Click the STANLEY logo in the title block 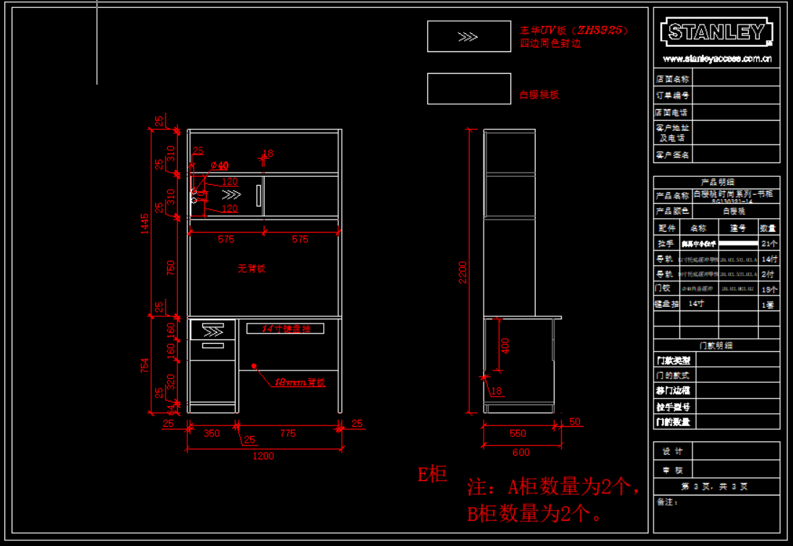click(716, 32)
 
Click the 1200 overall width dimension click(262, 456)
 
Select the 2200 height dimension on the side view click(463, 272)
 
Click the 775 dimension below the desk click(288, 433)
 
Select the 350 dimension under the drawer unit click(211, 433)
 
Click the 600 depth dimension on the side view click(520, 453)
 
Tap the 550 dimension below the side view click(518, 433)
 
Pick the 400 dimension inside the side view click(505, 345)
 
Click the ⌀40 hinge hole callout click(219, 166)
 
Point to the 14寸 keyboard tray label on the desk click(286, 329)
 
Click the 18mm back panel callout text click(299, 382)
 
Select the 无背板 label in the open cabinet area click(252, 268)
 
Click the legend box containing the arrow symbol click(468, 37)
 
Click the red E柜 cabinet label click(432, 474)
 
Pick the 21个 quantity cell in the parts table click(769, 243)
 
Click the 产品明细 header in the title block click(716, 182)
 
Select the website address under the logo click(716, 59)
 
